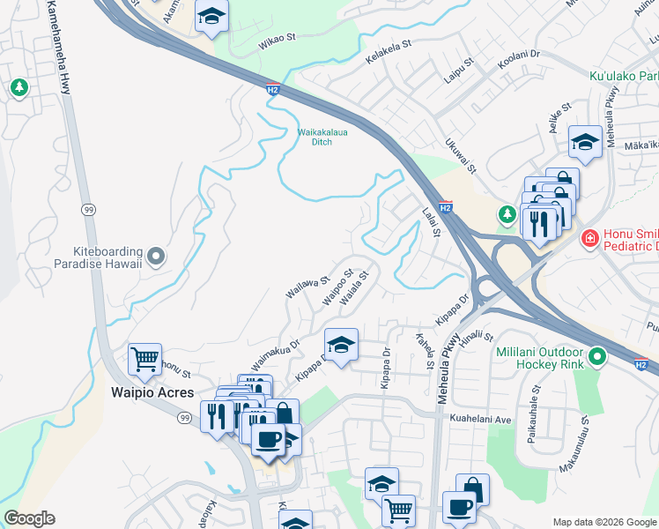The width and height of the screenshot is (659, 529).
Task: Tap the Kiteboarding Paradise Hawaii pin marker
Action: coord(156,257)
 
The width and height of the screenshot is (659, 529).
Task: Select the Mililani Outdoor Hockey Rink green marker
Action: coord(598,358)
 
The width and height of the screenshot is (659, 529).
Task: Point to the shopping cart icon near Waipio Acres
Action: coord(144,359)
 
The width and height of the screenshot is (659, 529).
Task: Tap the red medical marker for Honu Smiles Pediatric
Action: coord(589,239)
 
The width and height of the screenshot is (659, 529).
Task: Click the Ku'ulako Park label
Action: coord(624,76)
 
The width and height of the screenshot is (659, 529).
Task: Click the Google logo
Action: coord(30,518)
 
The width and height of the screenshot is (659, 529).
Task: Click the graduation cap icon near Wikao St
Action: coord(211,17)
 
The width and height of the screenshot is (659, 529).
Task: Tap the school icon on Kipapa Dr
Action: coord(342,344)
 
